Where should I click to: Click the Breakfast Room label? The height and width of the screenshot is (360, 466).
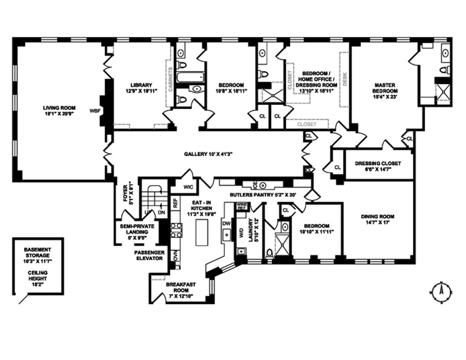coord(181,289)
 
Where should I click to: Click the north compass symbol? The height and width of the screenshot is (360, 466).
coord(440,291)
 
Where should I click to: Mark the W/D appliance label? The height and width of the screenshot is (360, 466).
coord(240,233)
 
